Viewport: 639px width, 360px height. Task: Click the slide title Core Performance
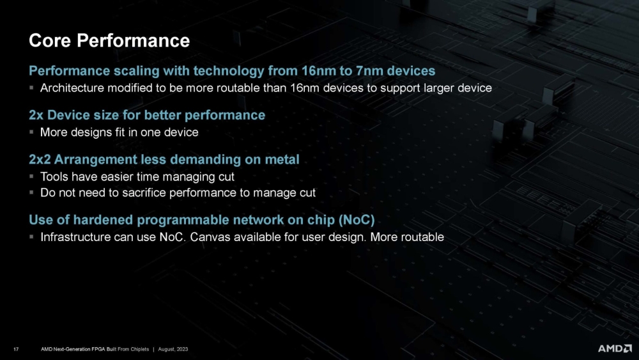109,41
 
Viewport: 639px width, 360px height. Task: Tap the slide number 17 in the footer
16,348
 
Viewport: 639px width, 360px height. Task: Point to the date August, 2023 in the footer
172,348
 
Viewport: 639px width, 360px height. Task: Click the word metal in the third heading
281,159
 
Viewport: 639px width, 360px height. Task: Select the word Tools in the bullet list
54,176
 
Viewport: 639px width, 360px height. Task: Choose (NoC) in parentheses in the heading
355,220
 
